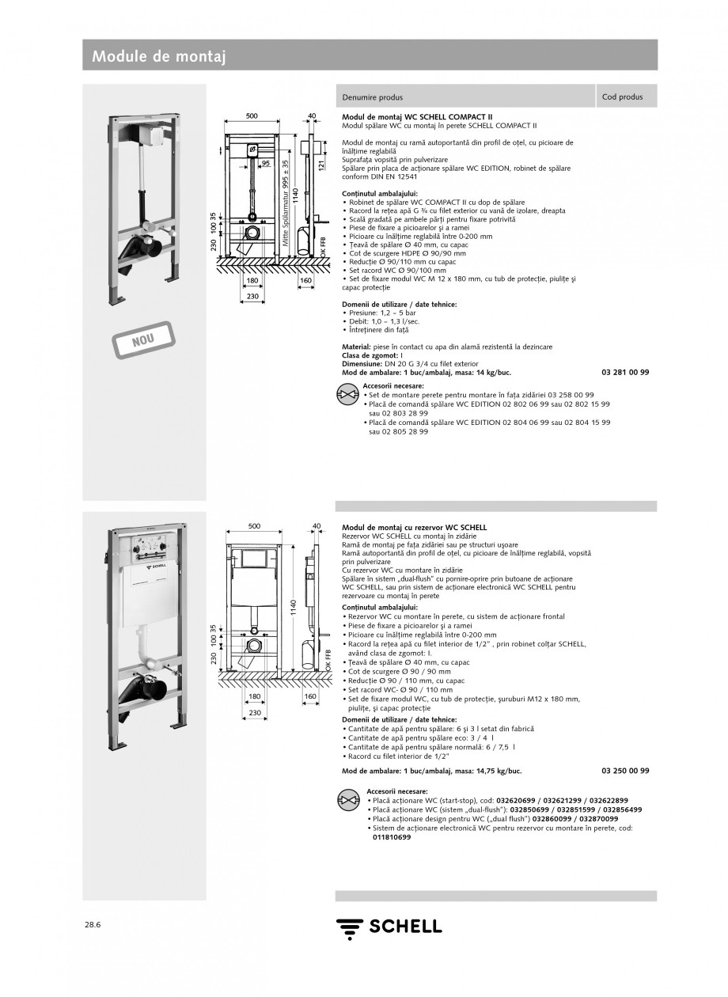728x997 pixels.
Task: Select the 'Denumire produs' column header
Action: [372, 97]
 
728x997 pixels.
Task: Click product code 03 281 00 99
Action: [625, 372]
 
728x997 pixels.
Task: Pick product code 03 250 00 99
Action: [625, 770]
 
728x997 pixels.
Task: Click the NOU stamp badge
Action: [142, 339]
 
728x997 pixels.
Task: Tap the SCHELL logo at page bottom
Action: [388, 927]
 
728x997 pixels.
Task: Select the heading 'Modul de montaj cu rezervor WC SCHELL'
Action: [414, 526]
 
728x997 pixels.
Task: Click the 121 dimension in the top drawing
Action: [322, 165]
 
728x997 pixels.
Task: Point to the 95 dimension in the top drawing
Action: [266, 163]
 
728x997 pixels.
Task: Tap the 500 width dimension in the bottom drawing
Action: [254, 525]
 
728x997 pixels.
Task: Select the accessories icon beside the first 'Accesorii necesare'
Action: [348, 393]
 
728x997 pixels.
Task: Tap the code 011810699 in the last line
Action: [392, 837]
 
